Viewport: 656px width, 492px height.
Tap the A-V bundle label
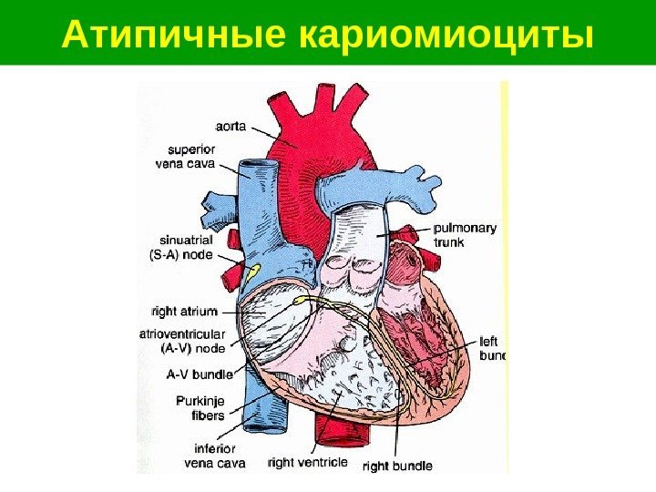point(200,374)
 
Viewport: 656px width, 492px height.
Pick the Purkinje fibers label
point(196,408)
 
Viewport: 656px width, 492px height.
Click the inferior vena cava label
point(215,456)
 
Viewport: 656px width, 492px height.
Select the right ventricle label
point(308,462)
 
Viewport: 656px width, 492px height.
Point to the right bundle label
point(398,467)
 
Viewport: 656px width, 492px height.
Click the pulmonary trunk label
point(466,236)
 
